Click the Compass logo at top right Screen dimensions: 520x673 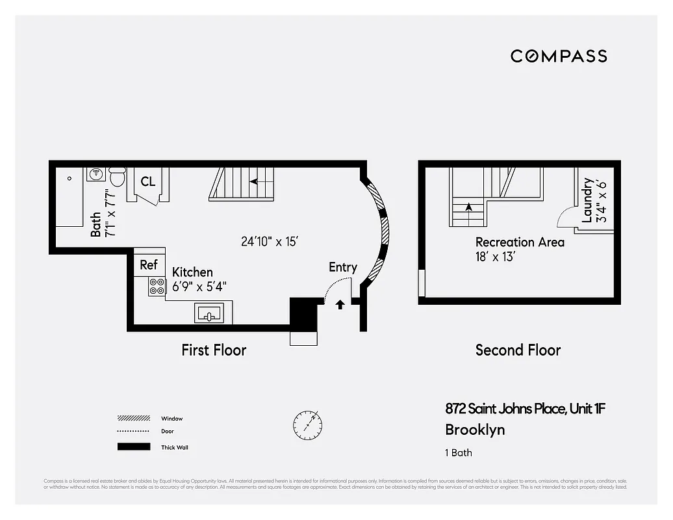[559, 56]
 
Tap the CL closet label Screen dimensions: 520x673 [148, 181]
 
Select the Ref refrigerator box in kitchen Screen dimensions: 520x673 [149, 265]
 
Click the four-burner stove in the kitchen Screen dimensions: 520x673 [157, 286]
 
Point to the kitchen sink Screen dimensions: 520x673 [209, 315]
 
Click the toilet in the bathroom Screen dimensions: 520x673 [118, 176]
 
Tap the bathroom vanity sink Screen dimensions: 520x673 [95, 174]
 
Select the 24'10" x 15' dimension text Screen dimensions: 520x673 [269, 241]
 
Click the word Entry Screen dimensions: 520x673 [342, 266]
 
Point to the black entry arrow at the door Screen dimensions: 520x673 [339, 304]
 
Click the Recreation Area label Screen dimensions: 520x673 [520, 242]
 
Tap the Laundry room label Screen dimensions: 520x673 [587, 200]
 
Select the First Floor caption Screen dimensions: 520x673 [214, 350]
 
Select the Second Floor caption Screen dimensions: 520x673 [518, 350]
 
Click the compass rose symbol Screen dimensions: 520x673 [307, 424]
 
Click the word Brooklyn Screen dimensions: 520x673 [475, 430]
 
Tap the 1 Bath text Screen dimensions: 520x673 [459, 453]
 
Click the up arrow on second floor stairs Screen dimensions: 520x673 [468, 207]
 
